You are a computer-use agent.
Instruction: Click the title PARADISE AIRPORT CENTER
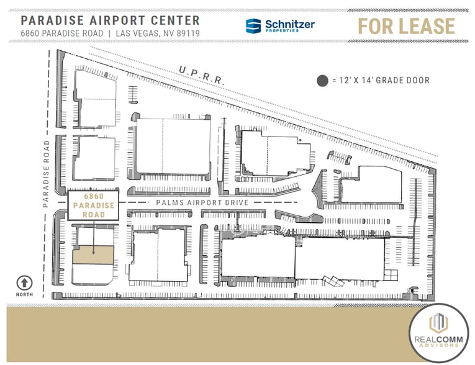pyautogui.click(x=110, y=20)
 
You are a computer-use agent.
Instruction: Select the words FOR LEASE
pyautogui.click(x=405, y=26)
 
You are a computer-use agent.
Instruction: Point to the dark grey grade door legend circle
pyautogui.click(x=322, y=80)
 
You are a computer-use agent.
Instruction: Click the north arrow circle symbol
pyautogui.click(x=24, y=282)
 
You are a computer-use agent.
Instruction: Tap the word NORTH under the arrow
pyautogui.click(x=24, y=295)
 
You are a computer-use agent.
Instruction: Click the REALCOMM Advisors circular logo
pyautogui.click(x=438, y=331)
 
